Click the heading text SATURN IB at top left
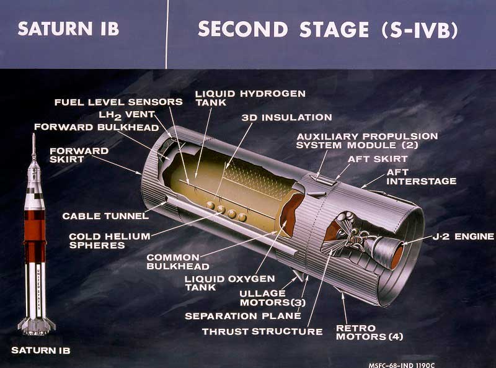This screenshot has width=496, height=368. (68, 29)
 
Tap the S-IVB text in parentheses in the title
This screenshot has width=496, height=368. (420, 29)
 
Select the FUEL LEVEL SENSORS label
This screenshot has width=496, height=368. (118, 102)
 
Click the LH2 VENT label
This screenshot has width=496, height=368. (127, 115)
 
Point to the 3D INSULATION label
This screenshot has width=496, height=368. (287, 117)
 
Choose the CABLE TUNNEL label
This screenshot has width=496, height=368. (105, 216)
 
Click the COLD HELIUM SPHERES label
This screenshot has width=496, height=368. (110, 241)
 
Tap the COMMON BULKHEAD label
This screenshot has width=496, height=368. (178, 262)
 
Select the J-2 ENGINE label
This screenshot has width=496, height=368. (463, 236)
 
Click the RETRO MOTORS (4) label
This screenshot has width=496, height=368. (370, 332)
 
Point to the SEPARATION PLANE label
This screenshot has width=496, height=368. (243, 316)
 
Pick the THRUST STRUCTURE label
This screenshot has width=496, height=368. (262, 331)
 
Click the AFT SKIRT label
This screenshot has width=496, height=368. (378, 159)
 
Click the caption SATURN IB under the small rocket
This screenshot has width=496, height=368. (41, 350)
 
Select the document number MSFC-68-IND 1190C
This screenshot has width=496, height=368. (401, 365)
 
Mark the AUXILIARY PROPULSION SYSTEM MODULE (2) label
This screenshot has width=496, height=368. (367, 141)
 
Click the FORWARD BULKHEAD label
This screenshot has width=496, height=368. (97, 127)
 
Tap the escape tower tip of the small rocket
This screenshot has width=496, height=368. (33, 134)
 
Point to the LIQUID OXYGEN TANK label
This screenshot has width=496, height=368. (230, 283)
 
